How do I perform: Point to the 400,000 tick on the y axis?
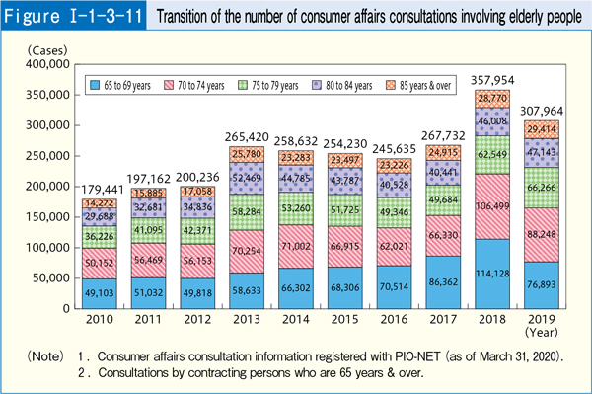[46, 65]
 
